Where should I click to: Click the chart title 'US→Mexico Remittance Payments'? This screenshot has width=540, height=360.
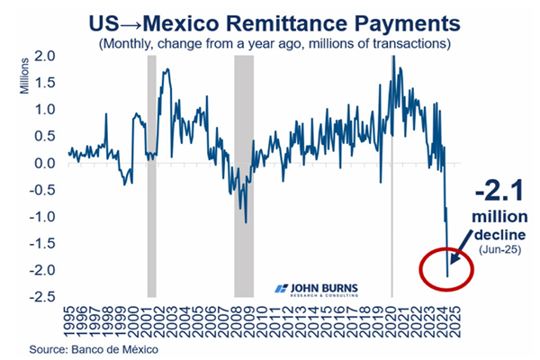click(270, 20)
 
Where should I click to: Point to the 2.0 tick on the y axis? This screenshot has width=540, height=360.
click(46, 56)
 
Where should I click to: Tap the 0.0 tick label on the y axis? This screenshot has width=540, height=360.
click(46, 164)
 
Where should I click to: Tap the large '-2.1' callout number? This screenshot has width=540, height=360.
click(497, 193)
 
